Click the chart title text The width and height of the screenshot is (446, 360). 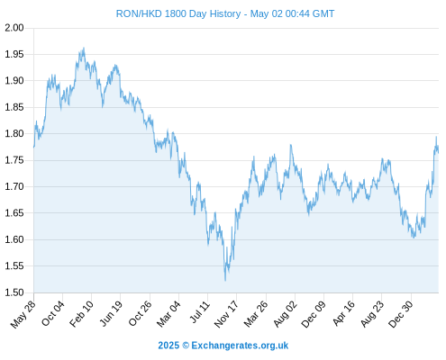click(x=225, y=13)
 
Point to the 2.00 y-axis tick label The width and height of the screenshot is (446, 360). click(x=14, y=28)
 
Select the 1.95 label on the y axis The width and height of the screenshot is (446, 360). click(x=14, y=54)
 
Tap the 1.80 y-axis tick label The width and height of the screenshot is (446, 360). click(x=14, y=133)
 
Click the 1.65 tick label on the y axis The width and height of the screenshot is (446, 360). click(x=14, y=213)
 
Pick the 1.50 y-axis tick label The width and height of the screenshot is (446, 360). click(x=14, y=292)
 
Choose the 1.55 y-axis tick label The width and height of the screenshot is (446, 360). click(x=14, y=266)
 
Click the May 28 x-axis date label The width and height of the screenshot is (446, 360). click(x=23, y=314)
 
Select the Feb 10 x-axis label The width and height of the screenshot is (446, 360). click(x=81, y=314)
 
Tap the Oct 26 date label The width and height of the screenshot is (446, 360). click(x=141, y=313)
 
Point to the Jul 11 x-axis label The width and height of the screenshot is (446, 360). click(x=200, y=312)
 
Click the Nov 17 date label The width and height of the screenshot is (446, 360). click(x=226, y=314)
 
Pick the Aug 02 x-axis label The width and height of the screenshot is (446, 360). click(x=286, y=314)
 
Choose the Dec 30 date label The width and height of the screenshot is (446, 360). click(x=401, y=314)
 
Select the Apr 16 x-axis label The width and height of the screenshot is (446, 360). click(x=344, y=313)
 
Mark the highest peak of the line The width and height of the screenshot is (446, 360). click(x=84, y=48)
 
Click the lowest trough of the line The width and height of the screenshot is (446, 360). click(x=225, y=281)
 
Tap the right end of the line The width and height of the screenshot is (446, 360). click(x=439, y=153)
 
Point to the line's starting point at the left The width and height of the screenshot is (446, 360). click(x=33, y=148)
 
